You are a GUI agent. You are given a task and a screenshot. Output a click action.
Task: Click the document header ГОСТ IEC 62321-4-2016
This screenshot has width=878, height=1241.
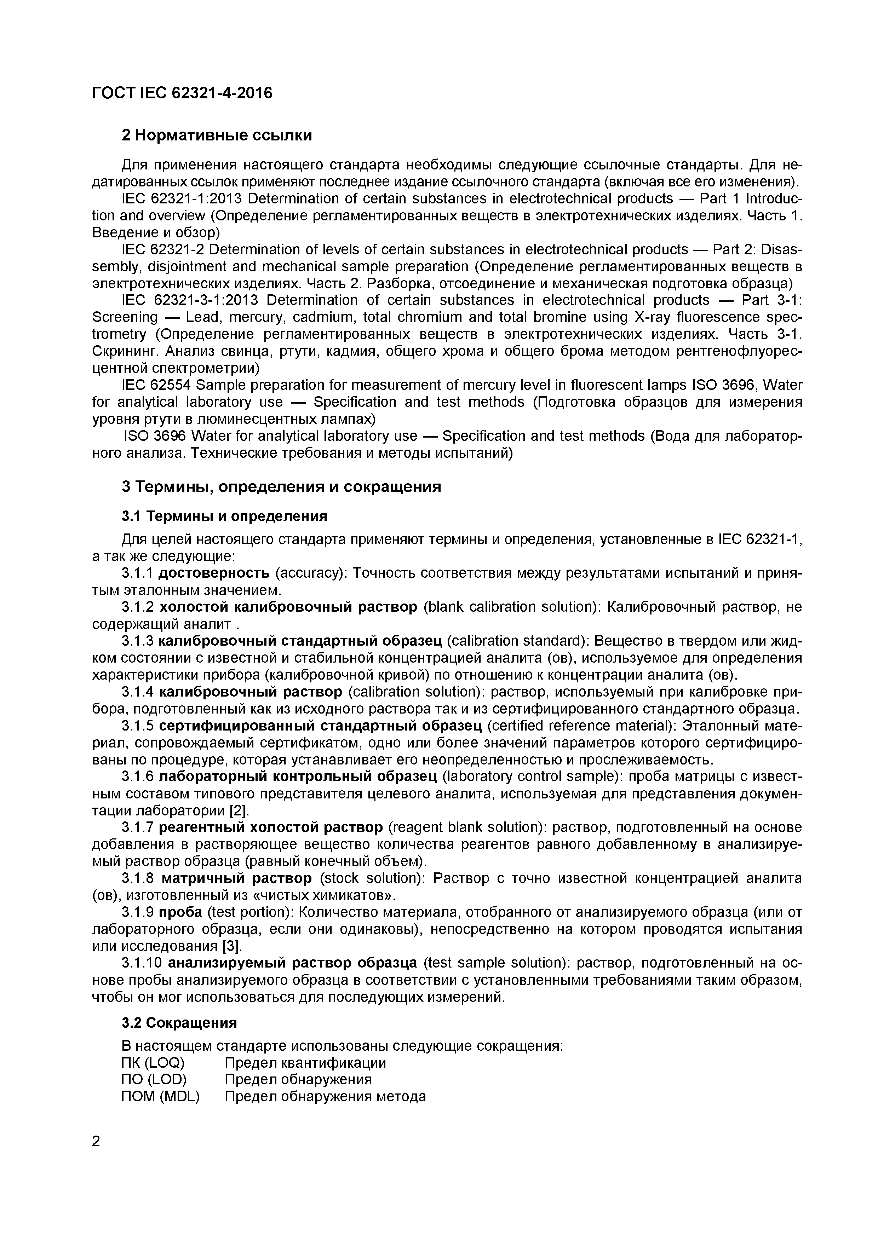[x=182, y=93]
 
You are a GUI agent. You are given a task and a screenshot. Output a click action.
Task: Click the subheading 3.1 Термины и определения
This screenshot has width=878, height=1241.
[x=224, y=516]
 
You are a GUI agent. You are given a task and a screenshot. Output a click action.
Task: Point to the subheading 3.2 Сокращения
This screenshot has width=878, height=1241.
[x=179, y=1023]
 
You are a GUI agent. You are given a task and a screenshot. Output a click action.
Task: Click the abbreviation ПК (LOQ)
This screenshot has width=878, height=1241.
[x=153, y=1063]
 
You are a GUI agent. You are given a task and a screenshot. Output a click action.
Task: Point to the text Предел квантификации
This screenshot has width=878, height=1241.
[x=305, y=1063]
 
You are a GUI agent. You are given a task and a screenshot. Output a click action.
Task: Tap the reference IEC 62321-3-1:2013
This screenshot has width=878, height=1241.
[x=190, y=300]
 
